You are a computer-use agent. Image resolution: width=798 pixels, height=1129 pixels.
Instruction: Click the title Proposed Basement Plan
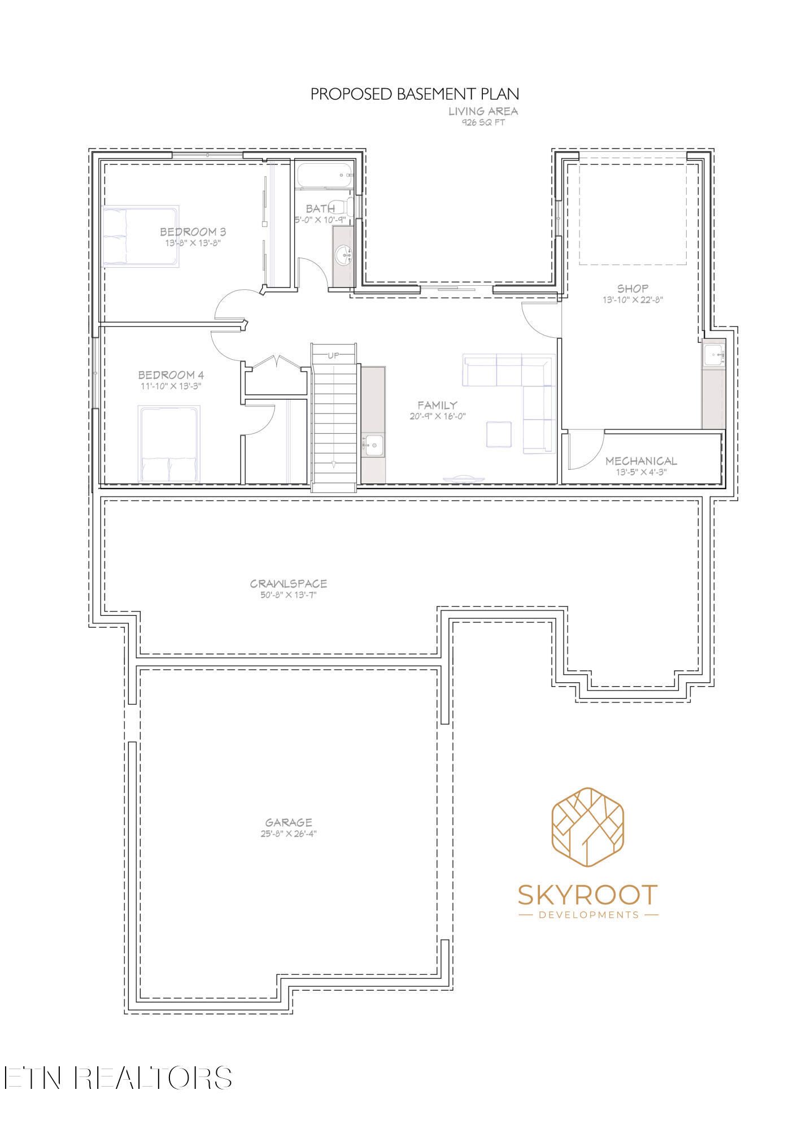coord(415,94)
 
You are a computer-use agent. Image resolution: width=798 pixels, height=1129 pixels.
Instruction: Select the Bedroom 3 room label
coord(193,232)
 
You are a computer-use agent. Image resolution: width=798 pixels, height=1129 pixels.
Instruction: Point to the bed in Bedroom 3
coord(141,236)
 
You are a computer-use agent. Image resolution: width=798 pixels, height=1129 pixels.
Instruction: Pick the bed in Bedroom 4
coord(169,444)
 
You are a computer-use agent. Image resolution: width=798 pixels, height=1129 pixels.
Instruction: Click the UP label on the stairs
coord(334,356)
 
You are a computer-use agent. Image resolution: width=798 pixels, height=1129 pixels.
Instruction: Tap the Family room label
coord(437,405)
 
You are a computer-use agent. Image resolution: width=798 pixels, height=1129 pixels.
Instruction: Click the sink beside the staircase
coord(373,446)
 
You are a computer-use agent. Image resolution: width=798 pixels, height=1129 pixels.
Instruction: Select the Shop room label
coord(633,289)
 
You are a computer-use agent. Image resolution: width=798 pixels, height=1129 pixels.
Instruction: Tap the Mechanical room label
coord(641,461)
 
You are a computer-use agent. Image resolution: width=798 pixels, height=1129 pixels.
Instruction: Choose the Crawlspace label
coord(289,584)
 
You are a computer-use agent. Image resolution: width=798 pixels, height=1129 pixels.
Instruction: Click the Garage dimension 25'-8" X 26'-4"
coord(289,834)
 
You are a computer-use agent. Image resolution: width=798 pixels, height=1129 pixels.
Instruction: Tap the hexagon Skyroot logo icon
coord(587,830)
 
